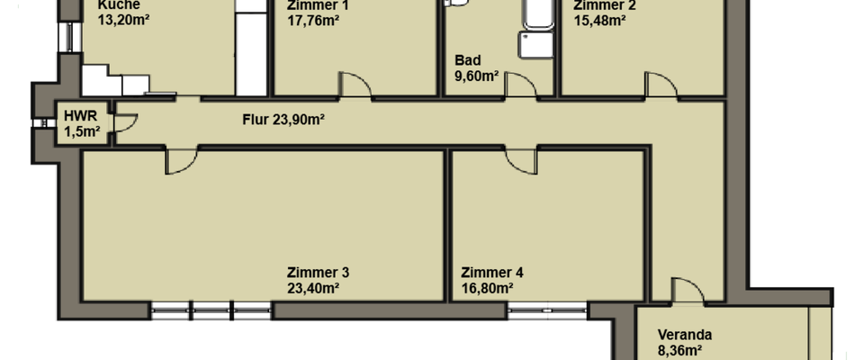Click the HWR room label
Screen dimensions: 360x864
[75, 115]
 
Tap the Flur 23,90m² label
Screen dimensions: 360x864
[283, 119]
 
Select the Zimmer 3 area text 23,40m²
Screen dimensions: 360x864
[312, 289]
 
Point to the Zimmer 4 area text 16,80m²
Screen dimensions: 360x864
[487, 289]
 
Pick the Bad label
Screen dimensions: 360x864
[468, 60]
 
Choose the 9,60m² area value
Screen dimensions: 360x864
[478, 76]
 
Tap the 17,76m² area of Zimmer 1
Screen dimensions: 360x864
[312, 19]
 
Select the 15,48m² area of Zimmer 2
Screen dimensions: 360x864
[599, 19]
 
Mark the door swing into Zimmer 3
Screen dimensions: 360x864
[180, 162]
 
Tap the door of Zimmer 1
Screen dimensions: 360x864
[357, 83]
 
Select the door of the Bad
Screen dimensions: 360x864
[517, 85]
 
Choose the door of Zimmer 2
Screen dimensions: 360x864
[661, 84]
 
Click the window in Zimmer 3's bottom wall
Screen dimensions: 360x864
[211, 311]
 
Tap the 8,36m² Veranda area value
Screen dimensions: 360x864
[680, 352]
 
